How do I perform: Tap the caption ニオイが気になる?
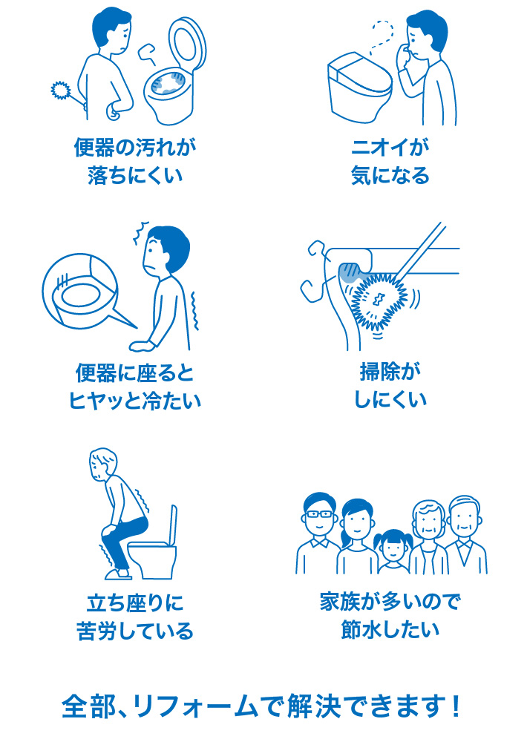(x=390, y=162)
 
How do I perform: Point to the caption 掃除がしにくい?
(x=390, y=386)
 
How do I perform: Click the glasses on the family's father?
(x=318, y=513)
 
